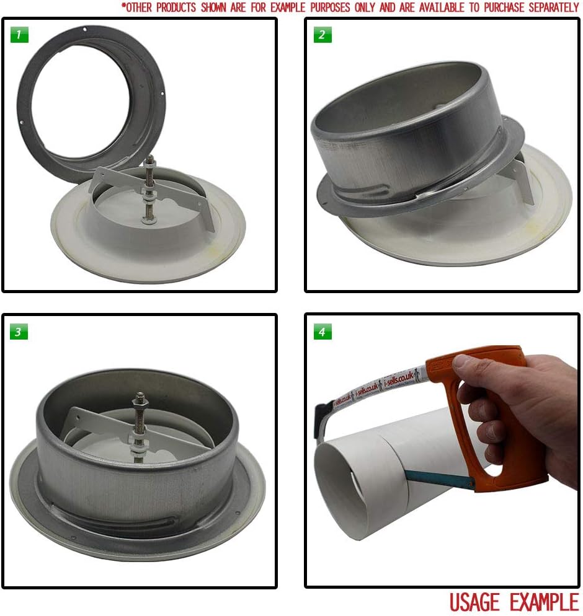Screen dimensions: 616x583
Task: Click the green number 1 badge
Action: pyautogui.click(x=19, y=35)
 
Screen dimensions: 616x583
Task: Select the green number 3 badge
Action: pyautogui.click(x=19, y=332)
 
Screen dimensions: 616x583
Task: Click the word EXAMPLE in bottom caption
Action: pyautogui.click(x=544, y=602)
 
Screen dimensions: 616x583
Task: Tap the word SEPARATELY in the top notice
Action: pyautogui.click(x=546, y=7)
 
